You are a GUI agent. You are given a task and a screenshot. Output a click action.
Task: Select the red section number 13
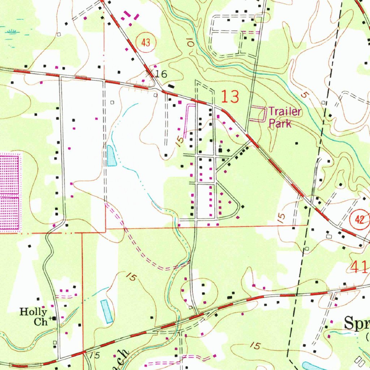coord(230,97)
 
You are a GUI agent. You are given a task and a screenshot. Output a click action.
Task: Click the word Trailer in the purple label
coord(284,112)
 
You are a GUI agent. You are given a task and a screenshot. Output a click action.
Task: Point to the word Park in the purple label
coord(280,124)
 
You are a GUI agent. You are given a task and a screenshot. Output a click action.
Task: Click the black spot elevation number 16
coord(161,74)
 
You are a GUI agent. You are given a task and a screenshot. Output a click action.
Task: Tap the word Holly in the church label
coord(33,311)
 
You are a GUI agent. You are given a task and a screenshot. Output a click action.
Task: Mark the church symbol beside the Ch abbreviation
coord(54,318)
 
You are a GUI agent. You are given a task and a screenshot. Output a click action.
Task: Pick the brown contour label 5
coord(304,95)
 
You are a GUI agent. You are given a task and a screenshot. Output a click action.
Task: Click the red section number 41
coord(359,267)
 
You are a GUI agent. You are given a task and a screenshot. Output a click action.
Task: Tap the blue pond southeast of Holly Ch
coord(107,311)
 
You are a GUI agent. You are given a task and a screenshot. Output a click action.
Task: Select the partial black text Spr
coord(356,323)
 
